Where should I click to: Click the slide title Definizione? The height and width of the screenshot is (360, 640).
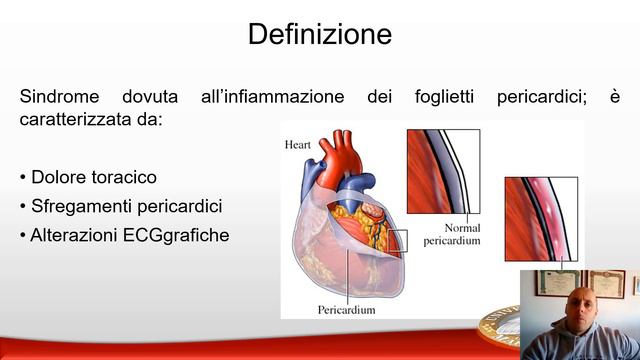pos(319,35)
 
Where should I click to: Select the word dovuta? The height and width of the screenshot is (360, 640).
pos(150,97)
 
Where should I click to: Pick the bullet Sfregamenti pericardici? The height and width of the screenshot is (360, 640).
pos(120,206)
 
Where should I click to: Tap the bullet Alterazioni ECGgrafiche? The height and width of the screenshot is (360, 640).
pos(124,235)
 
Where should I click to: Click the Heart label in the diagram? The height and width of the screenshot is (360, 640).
pos(298,144)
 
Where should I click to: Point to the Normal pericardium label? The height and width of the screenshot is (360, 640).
pos(452,234)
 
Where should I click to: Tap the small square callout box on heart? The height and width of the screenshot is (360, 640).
pos(398,240)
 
